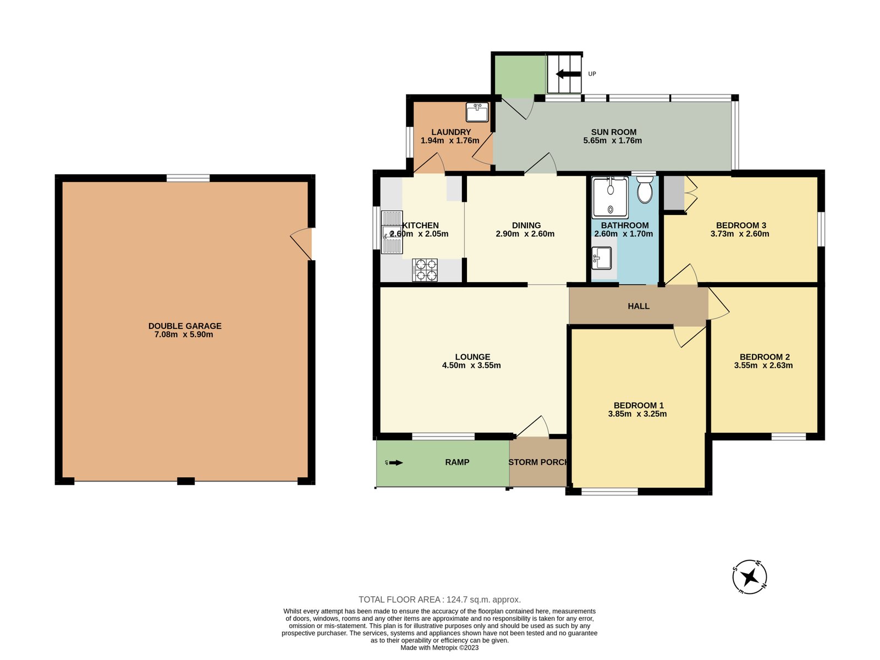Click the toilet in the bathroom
tap(644, 189)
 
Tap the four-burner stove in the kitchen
tap(425, 269)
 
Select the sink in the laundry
tap(477, 112)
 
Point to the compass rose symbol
tap(749, 577)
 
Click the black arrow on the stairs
tap(568, 74)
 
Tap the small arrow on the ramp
tap(395, 463)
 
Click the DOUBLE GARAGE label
tap(185, 326)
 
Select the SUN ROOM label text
tap(613, 132)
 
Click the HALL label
tap(638, 306)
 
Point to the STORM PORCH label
tap(538, 462)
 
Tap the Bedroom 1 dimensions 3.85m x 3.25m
tap(637, 414)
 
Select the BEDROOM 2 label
tap(765, 356)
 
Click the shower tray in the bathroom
tap(610, 197)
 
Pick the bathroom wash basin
tap(602, 258)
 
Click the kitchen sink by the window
tap(392, 233)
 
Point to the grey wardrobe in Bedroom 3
tap(674, 193)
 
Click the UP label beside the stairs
tap(592, 74)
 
